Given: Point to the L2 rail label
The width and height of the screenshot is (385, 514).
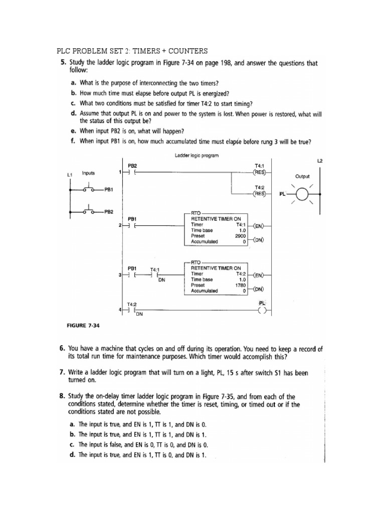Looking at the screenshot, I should point(320,161).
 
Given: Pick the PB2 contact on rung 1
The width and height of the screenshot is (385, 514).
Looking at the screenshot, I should point(132,172).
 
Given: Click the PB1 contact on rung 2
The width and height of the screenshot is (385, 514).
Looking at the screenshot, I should point(132,225).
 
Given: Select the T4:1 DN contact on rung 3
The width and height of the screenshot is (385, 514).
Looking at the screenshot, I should point(156,275).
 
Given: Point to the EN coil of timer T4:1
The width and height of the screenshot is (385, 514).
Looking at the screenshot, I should point(259,225).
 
